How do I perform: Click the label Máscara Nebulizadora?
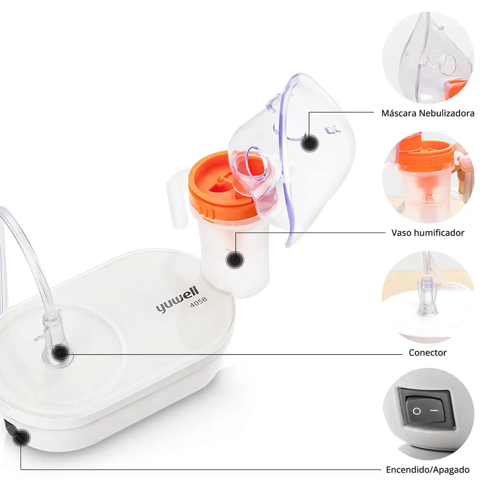[428, 113]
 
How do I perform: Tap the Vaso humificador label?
[428, 233]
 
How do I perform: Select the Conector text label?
[428, 352]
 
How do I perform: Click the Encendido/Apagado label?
[428, 470]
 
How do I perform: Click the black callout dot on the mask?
[309, 143]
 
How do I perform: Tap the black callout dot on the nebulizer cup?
[235, 260]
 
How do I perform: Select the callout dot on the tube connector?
[60, 353]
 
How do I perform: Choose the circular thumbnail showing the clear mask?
[428, 58]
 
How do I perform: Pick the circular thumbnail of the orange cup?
[428, 177]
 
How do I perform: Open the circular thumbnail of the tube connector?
[428, 297]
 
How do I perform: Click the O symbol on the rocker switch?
[416, 411]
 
